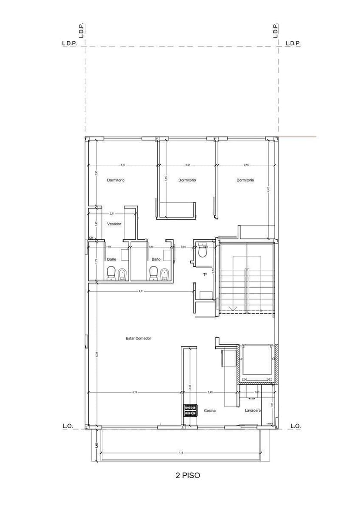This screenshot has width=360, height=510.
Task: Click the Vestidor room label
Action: point(114,224)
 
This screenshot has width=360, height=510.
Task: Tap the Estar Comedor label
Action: point(138,338)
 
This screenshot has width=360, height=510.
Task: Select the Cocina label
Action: point(210,410)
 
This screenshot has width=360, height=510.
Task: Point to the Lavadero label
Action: point(253,410)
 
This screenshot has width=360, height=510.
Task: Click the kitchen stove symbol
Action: point(190,410)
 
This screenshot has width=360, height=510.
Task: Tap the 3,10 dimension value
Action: point(123,165)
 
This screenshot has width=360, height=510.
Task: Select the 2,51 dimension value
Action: point(187,165)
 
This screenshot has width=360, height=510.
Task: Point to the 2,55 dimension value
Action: point(246,165)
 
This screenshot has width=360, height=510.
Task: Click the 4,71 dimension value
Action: point(141,291)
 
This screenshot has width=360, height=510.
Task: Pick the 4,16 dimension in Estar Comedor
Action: point(135,392)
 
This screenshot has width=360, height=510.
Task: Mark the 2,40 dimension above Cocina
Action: point(210,392)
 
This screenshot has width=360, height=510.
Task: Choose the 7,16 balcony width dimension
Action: point(181,453)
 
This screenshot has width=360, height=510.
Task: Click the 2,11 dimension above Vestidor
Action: point(112,213)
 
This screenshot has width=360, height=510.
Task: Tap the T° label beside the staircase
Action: point(205,275)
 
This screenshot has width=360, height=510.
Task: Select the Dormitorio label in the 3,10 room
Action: point(116,180)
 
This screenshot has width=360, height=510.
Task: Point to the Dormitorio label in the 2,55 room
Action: point(245,180)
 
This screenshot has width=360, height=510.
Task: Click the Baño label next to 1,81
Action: point(112,259)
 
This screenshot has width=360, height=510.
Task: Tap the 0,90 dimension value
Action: point(183,247)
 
